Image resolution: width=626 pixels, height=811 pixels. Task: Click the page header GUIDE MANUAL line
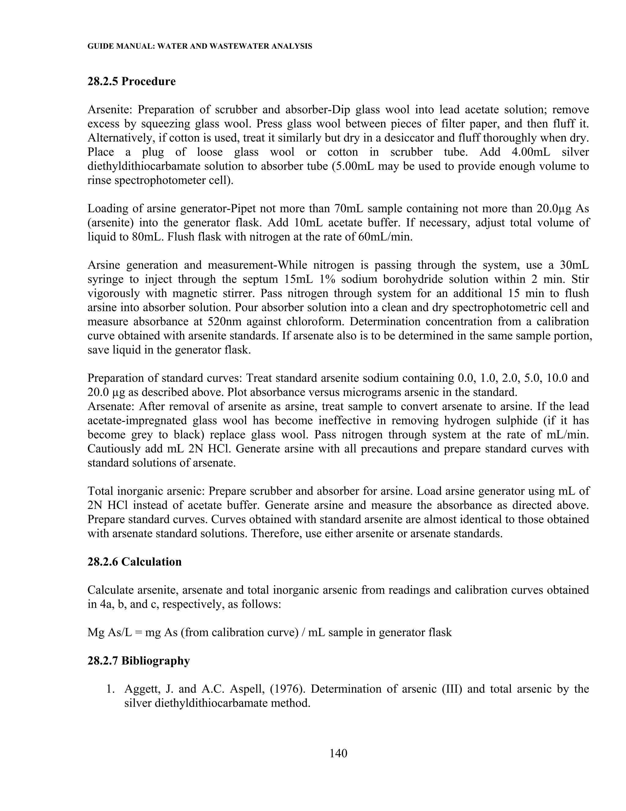tap(200, 47)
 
